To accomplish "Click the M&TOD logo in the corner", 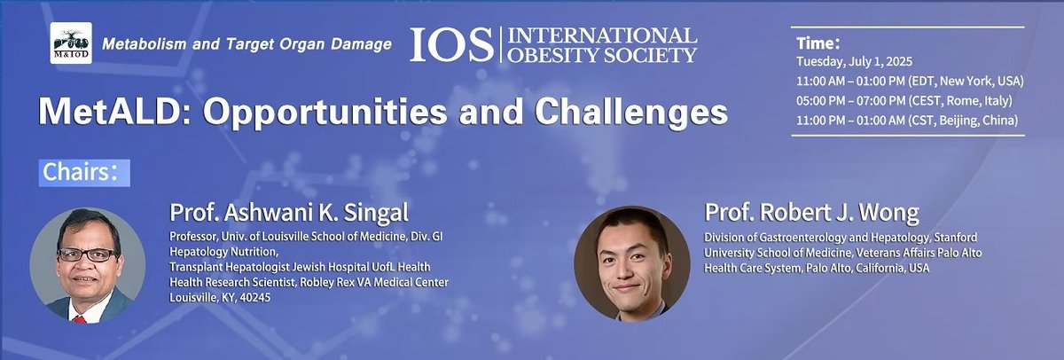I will coord(70,44).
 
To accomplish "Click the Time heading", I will coord(818,41).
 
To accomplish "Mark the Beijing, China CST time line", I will coord(905,120).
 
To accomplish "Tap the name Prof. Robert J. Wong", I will coord(810,213).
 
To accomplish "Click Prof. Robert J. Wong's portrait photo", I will coord(631,263).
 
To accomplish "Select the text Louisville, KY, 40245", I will coord(220,297).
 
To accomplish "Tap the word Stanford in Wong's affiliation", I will coord(950,238).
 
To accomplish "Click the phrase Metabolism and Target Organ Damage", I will coord(247,43).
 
